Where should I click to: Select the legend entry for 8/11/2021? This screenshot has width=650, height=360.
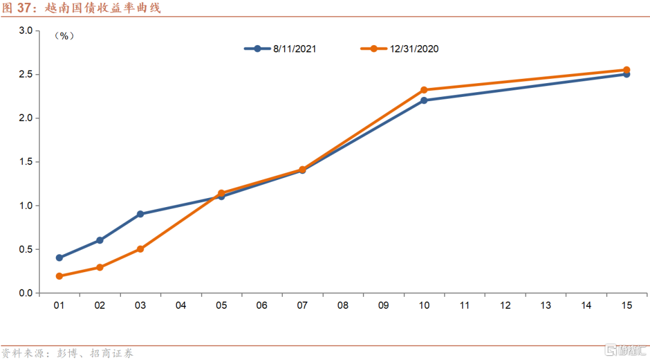click(x=280, y=49)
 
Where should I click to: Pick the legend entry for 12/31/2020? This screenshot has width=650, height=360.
click(x=399, y=49)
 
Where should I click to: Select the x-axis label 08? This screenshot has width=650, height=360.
click(x=343, y=306)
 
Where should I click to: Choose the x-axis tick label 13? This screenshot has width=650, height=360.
click(x=545, y=306)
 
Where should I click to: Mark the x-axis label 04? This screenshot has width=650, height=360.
click(x=181, y=306)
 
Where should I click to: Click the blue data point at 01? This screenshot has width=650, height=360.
click(x=59, y=258)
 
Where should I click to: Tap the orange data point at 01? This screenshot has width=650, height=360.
click(x=59, y=276)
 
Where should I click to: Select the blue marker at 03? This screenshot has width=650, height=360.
click(x=140, y=214)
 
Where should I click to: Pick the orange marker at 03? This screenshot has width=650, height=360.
click(x=140, y=249)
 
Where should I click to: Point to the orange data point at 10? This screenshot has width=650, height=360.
click(x=424, y=90)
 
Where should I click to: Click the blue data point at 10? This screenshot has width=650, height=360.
click(x=424, y=101)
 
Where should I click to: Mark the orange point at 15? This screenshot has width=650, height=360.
click(x=627, y=70)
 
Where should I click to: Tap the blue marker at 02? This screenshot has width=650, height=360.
click(x=100, y=240)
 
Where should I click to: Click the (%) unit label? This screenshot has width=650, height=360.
click(x=64, y=36)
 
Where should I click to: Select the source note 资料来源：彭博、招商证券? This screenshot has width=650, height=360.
click(x=67, y=353)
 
